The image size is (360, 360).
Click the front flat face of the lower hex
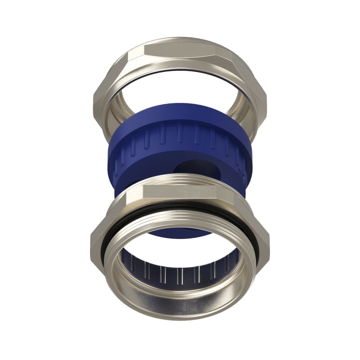click(x=180, y=193)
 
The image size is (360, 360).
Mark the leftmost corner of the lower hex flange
click(x=91, y=238)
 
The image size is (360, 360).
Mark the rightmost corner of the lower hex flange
click(x=269, y=238)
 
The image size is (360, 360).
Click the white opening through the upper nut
click(x=180, y=88)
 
